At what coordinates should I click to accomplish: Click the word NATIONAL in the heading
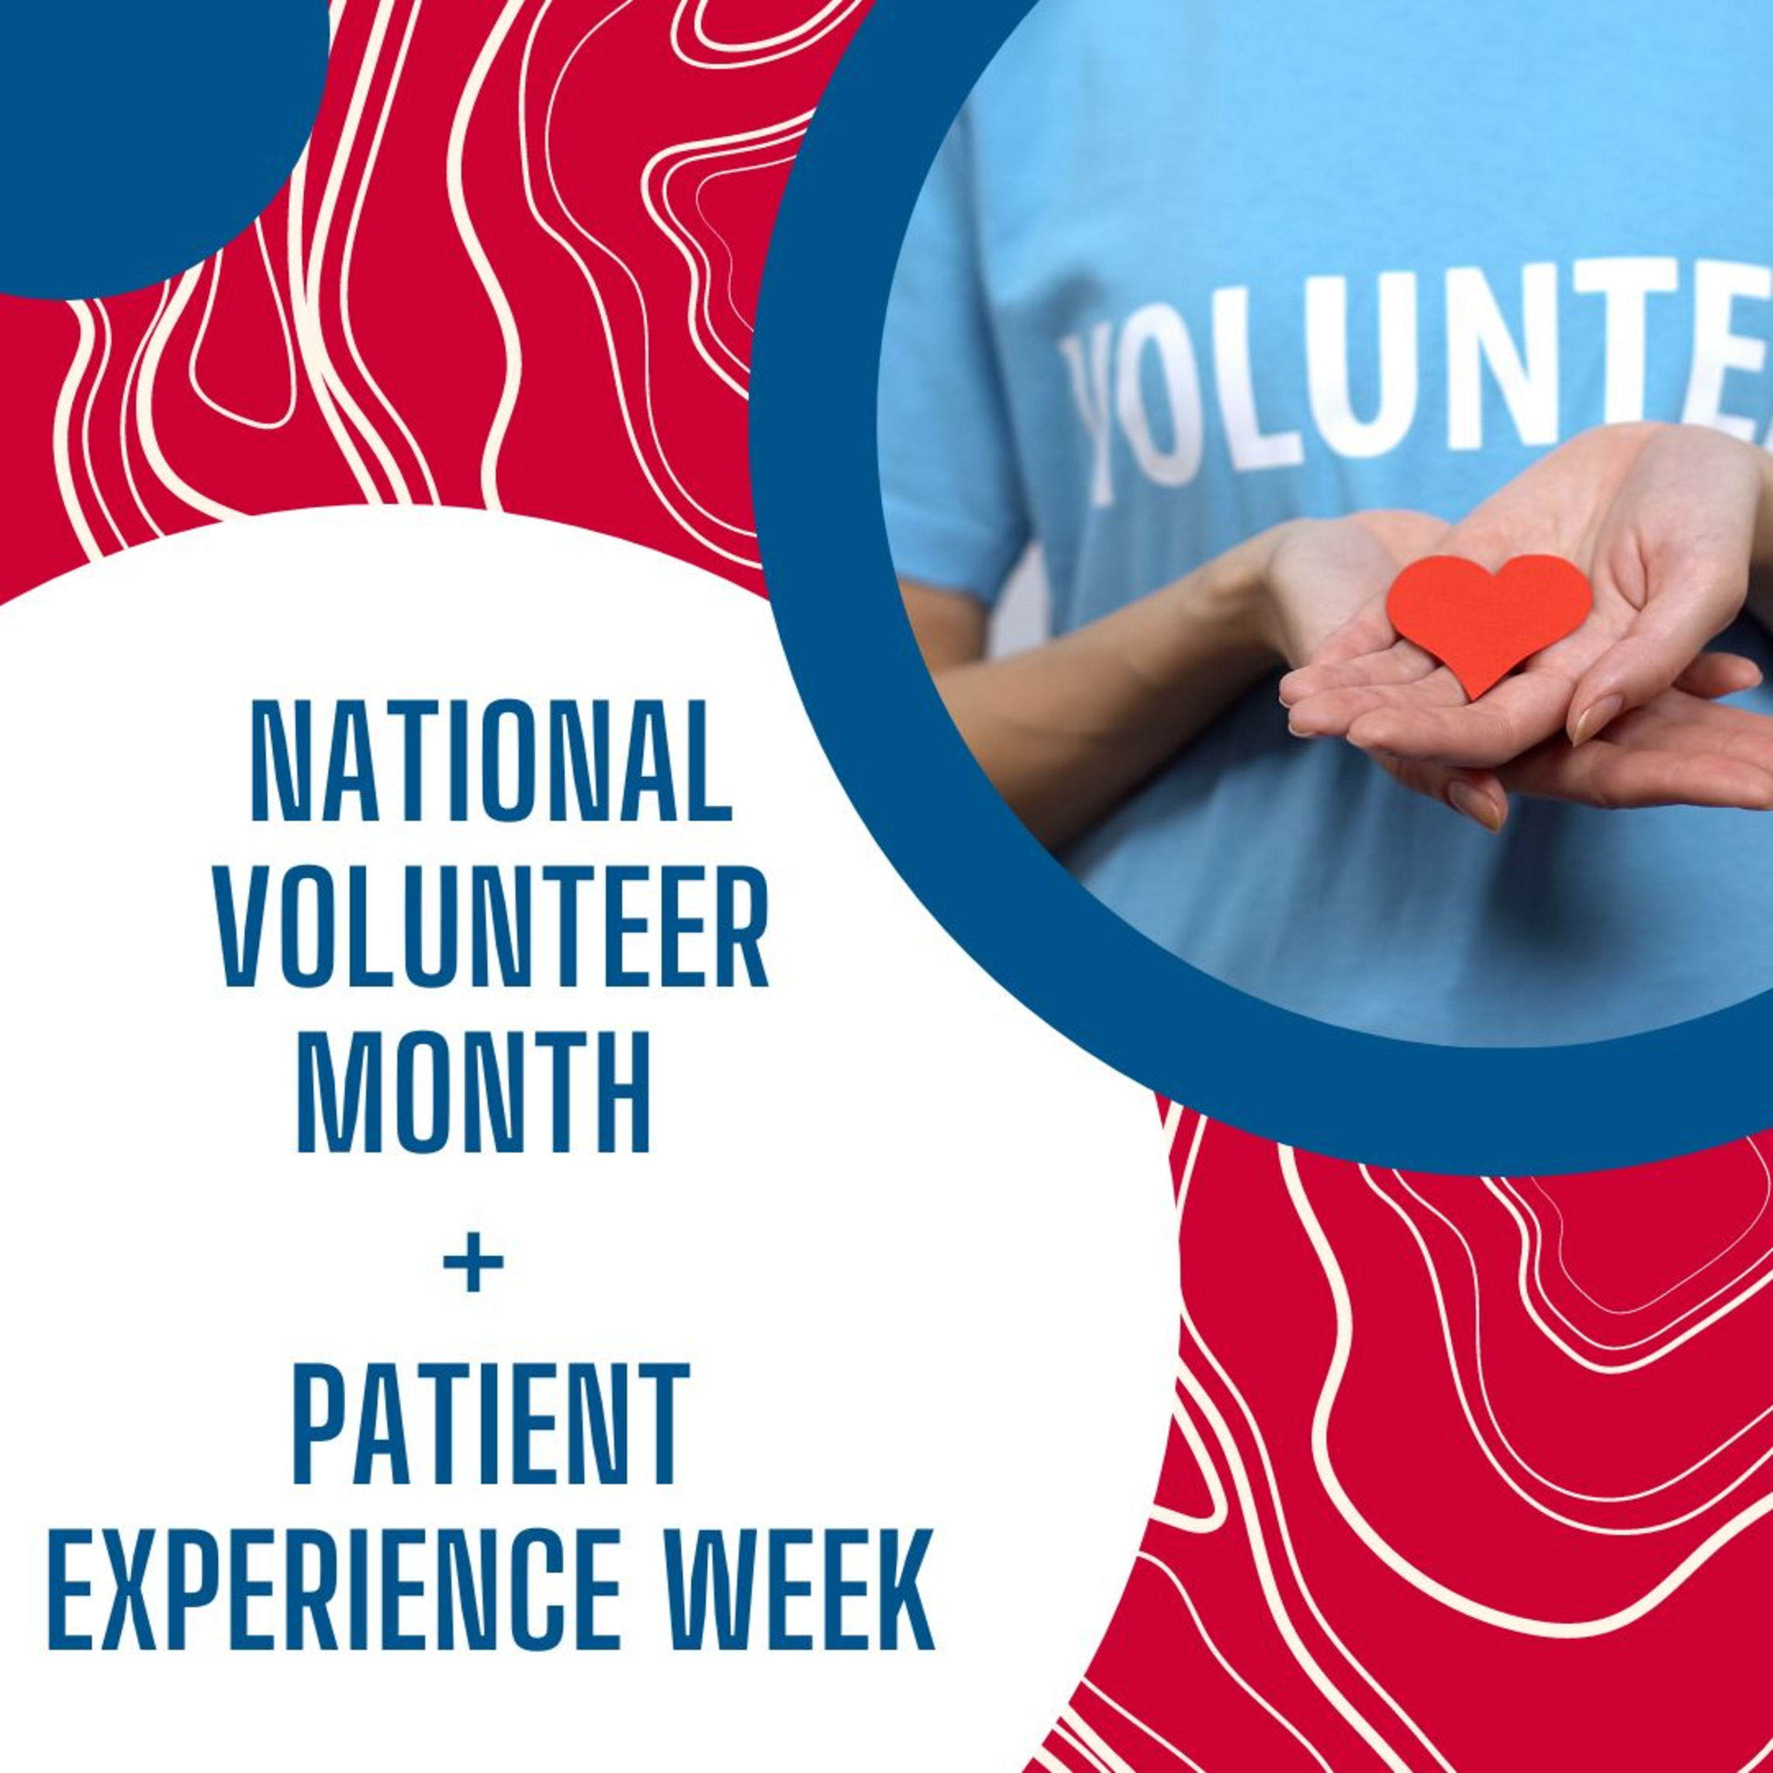coord(492,761)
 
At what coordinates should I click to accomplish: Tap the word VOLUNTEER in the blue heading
coord(492,928)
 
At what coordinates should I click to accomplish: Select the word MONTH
coord(474,1094)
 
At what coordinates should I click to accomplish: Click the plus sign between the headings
coord(474,1262)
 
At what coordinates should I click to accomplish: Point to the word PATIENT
coord(491,1426)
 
